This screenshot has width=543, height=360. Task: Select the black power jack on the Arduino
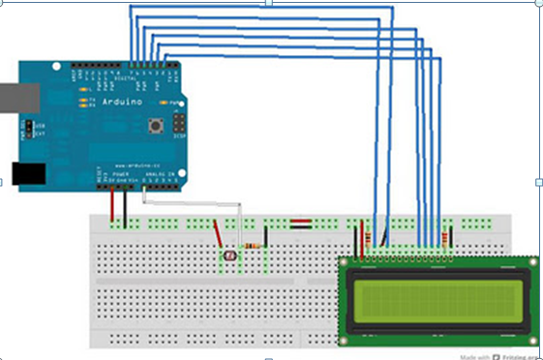coord(29,173)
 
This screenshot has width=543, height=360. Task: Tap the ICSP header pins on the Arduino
coord(179,123)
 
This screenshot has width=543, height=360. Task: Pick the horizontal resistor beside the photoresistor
coord(254,246)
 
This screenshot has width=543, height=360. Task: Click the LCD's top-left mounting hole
coord(344,262)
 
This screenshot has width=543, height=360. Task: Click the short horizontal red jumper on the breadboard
coord(300,224)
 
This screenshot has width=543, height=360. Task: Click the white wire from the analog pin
coord(194,204)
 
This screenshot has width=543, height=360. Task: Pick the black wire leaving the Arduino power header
coord(125,205)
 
